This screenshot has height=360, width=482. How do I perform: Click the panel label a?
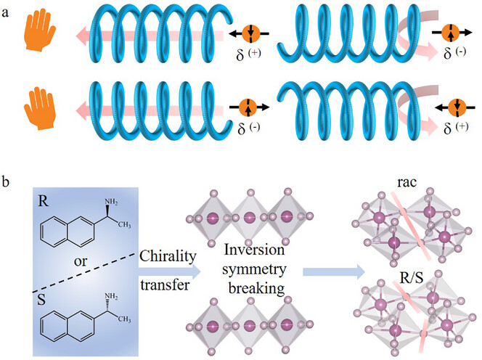click(5, 13)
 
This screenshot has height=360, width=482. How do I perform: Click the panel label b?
click(6, 181)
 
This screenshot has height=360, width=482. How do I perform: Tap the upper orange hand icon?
click(40, 30)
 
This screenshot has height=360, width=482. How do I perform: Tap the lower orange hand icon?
click(40, 108)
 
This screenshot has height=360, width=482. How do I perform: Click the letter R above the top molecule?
click(44, 201)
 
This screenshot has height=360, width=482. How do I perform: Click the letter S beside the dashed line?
click(41, 300)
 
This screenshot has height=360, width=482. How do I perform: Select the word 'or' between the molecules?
click(81, 261)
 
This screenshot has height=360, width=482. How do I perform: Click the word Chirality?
click(168, 256)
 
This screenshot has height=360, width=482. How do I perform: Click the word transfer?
click(165, 285)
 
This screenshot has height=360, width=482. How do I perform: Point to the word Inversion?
click(254, 250)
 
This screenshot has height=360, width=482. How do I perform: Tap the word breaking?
click(256, 290)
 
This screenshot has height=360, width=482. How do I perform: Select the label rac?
click(407, 183)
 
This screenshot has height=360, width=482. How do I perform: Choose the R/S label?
click(412, 278)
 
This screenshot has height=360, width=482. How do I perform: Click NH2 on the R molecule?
click(111, 202)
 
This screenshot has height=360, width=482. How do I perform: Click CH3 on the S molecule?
click(125, 319)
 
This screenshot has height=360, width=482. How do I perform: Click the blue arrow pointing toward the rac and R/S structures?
click(334, 271)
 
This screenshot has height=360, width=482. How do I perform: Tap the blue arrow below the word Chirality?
click(169, 271)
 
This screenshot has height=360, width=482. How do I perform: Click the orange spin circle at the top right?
click(451, 33)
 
